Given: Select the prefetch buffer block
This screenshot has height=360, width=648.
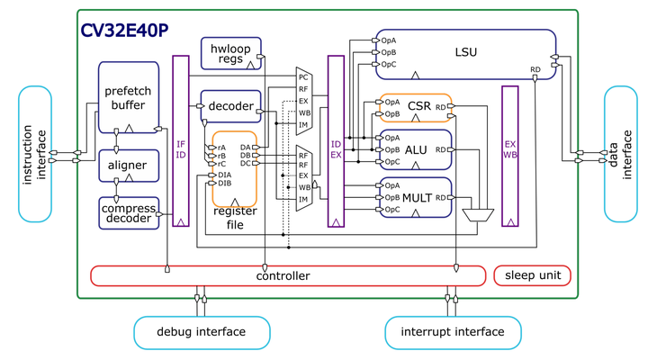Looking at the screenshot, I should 128,96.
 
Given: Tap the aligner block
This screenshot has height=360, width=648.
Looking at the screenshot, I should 128,165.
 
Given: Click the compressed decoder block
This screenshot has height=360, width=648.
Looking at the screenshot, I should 128,212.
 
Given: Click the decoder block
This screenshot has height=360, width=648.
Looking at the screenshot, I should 230,107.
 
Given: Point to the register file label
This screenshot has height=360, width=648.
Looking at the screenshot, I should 235,217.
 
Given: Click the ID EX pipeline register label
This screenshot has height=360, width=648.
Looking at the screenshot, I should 336,148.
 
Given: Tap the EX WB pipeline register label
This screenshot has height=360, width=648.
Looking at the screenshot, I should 509,148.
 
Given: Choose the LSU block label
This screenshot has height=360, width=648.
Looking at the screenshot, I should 465,52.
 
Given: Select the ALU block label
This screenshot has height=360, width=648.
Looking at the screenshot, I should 417,149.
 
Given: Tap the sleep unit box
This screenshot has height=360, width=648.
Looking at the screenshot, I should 532,275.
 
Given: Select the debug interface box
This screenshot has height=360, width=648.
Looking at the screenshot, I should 201,332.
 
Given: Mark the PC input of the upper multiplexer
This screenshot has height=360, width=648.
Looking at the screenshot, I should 303,77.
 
